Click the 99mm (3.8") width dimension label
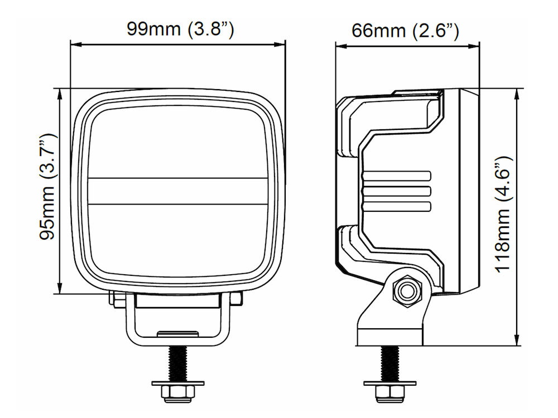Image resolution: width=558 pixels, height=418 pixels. pyautogui.click(x=180, y=29)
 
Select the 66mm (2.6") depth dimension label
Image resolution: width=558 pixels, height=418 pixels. pyautogui.click(x=405, y=31)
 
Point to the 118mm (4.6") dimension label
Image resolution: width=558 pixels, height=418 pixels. pyautogui.click(x=503, y=215)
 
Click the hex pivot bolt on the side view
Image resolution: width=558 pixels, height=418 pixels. pyautogui.click(x=407, y=291)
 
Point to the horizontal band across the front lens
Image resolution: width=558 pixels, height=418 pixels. pyautogui.click(x=178, y=191)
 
